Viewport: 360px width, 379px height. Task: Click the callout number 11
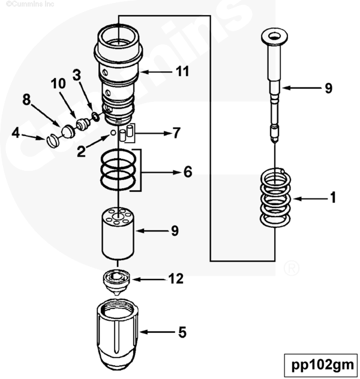[182, 72]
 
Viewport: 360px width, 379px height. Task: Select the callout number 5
[182, 332]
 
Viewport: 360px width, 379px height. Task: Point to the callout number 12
[176, 279]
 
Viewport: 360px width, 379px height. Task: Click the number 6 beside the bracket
[187, 172]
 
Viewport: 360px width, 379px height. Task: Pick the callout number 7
[175, 133]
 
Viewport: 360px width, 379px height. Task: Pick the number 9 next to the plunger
[328, 88]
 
